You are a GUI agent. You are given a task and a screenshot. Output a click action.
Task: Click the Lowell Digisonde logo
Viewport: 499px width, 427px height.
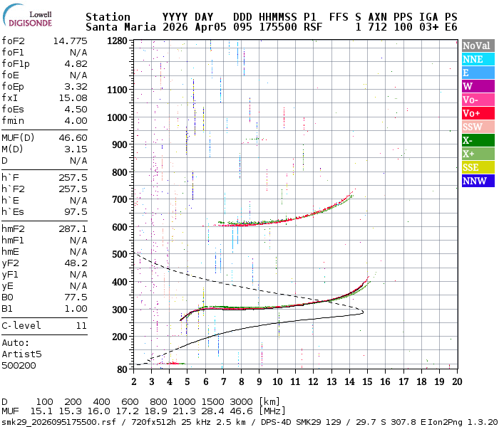(x=36, y=17)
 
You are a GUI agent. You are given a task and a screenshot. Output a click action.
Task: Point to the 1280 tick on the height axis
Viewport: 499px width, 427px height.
(x=117, y=41)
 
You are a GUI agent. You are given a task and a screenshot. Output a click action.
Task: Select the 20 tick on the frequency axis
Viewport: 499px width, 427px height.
(x=456, y=381)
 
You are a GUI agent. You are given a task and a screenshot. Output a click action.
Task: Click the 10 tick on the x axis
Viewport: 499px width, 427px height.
(x=277, y=381)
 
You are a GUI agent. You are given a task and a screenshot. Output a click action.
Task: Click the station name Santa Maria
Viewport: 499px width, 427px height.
(x=117, y=27)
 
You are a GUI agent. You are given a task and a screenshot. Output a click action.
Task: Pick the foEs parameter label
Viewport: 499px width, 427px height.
(x=14, y=109)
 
